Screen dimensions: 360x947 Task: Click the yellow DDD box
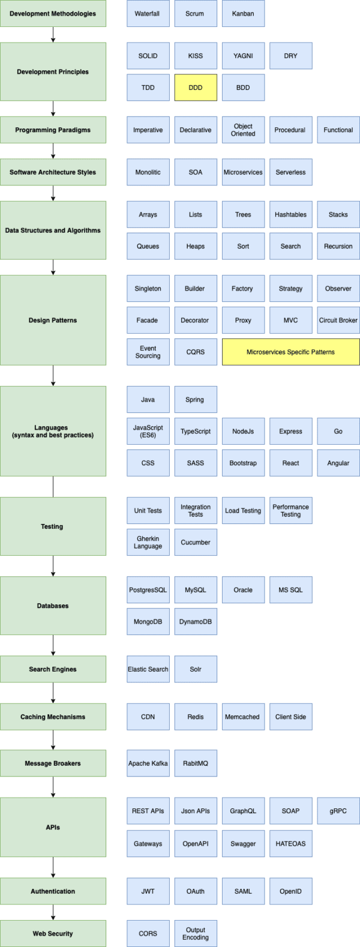tap(196, 88)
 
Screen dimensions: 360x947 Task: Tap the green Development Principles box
tap(53, 71)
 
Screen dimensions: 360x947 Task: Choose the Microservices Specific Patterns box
tap(291, 352)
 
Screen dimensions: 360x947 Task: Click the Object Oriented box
tap(244, 130)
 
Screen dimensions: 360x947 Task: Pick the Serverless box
tap(291, 172)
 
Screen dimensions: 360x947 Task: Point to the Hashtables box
tap(291, 214)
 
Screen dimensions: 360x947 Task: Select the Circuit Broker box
tap(338, 320)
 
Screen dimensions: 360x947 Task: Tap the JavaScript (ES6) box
tap(148, 431)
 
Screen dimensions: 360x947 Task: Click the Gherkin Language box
tap(148, 542)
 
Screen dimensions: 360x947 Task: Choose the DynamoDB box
tap(196, 622)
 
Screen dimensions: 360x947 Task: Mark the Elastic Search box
tap(148, 669)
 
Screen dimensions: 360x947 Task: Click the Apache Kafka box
tap(148, 763)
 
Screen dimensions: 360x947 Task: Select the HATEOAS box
tap(291, 843)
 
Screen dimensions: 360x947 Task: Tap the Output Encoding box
tap(196, 933)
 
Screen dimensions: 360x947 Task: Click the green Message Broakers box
tap(53, 763)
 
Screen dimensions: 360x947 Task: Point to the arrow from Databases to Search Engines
tap(53, 645)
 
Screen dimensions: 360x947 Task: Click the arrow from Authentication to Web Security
tap(53, 912)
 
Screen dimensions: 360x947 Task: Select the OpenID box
tap(291, 891)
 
